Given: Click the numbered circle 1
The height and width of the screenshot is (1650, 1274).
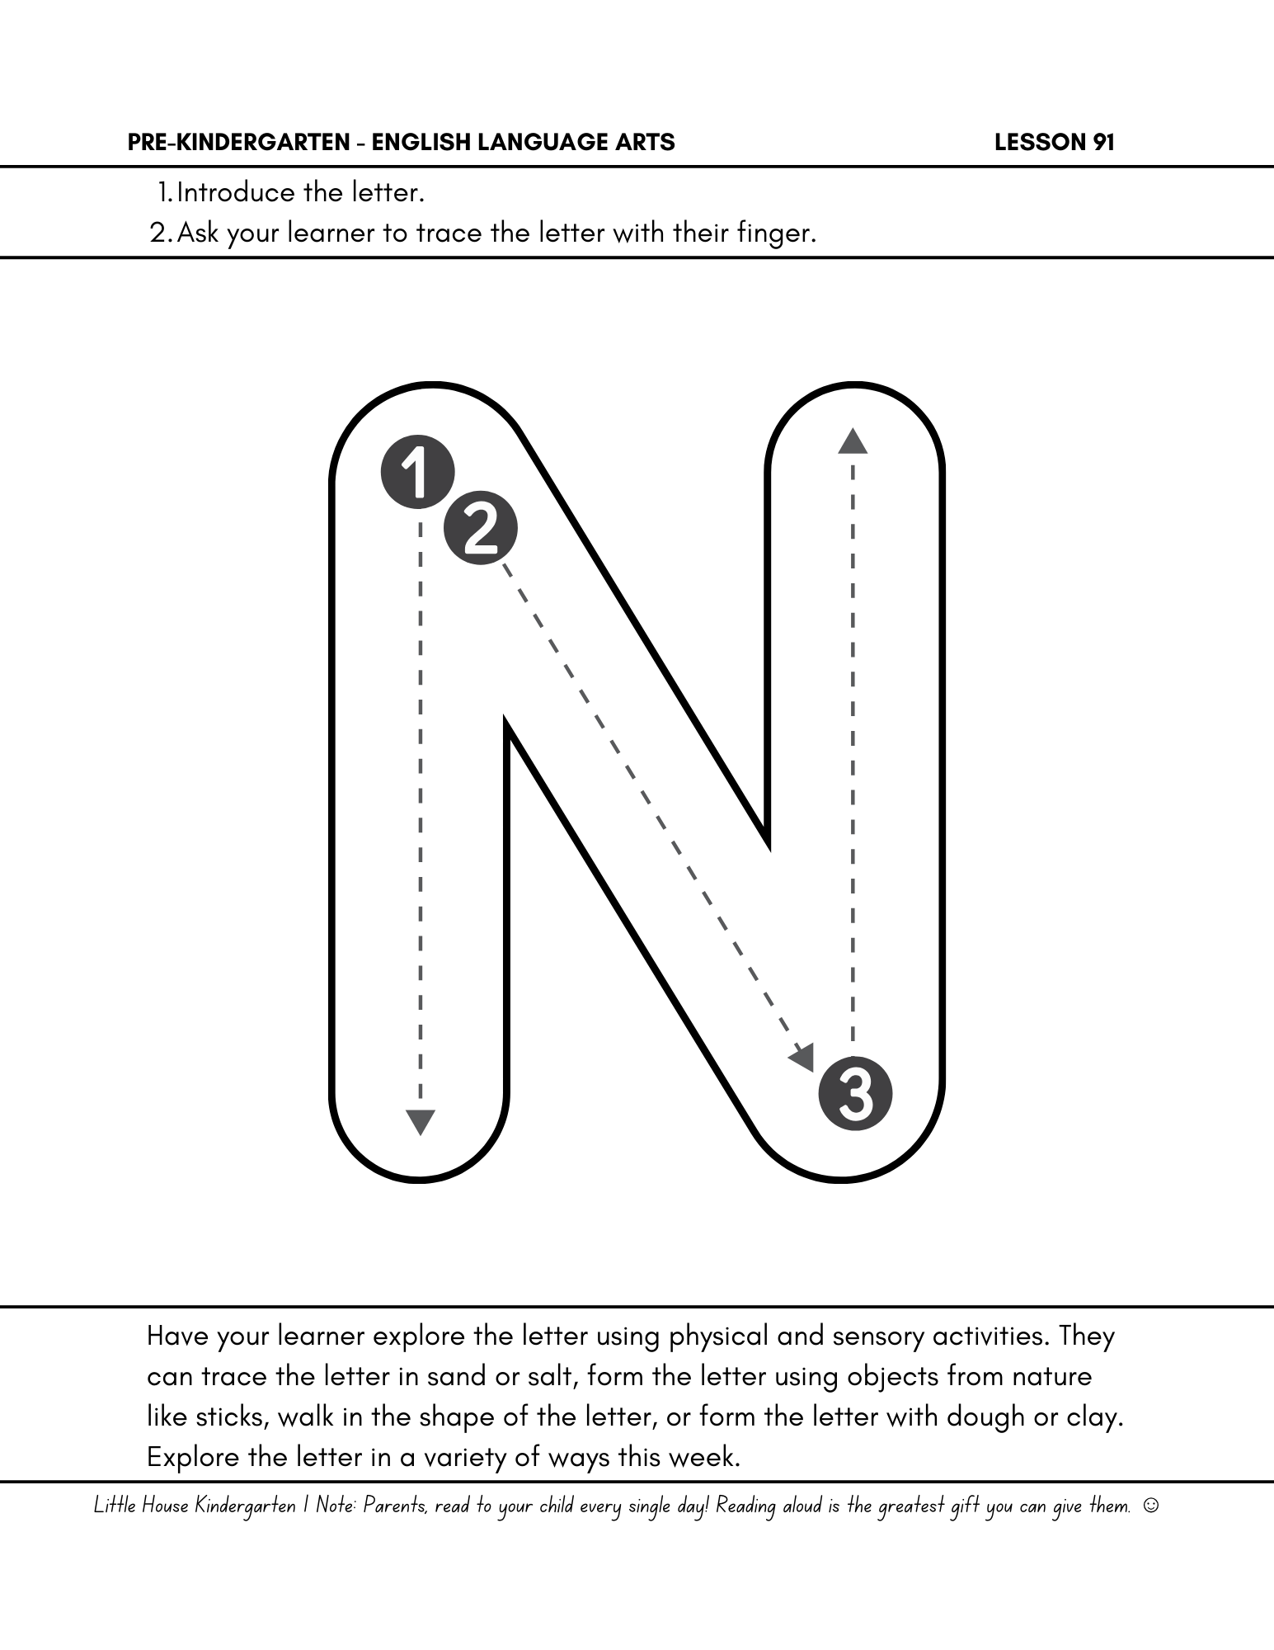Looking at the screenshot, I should [417, 472].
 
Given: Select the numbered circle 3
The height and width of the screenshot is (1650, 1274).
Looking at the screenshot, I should [855, 1094].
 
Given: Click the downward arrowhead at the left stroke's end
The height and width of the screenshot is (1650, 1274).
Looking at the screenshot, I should [421, 1121].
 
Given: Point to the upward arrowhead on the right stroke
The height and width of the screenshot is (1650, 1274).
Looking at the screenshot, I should [853, 441].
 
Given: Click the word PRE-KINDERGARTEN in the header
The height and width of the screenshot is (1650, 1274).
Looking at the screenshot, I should [239, 143].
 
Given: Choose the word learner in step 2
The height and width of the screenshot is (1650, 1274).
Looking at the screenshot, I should [331, 233].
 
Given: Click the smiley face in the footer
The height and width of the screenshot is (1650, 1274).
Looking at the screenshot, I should [1151, 1506].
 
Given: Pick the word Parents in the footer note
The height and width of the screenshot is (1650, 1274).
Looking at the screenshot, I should [395, 1506].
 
